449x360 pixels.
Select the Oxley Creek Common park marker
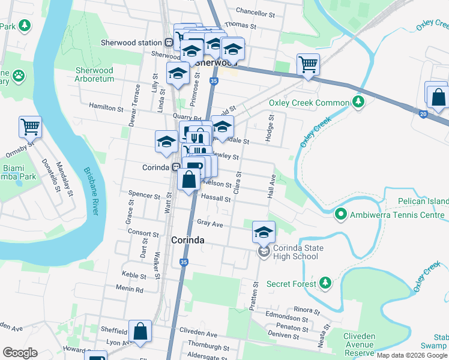(x=358, y=101)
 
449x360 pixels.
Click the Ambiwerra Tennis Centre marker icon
(x=340, y=214)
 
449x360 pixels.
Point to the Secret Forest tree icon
(x=325, y=281)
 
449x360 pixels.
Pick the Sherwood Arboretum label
(x=94, y=75)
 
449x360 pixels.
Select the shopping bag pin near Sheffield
(x=140, y=331)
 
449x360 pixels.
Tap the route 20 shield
(x=423, y=114)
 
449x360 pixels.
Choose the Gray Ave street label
(x=210, y=223)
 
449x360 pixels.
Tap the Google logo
(x=20, y=352)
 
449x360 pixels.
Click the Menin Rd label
(x=130, y=289)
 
